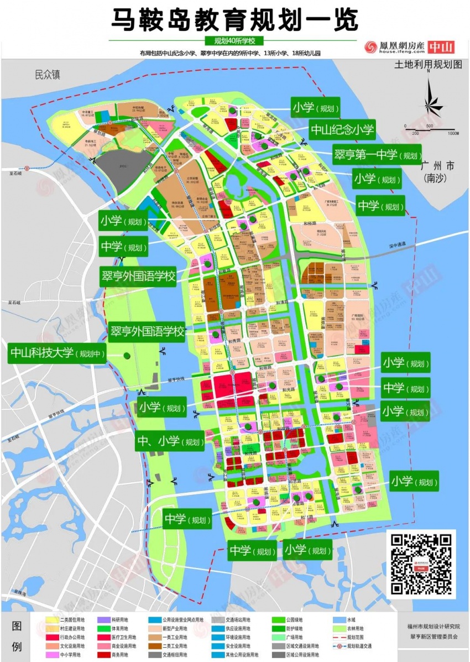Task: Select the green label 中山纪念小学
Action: (x=342, y=131)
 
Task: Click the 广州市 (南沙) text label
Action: (x=437, y=171)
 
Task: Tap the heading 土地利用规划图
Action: (x=427, y=65)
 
